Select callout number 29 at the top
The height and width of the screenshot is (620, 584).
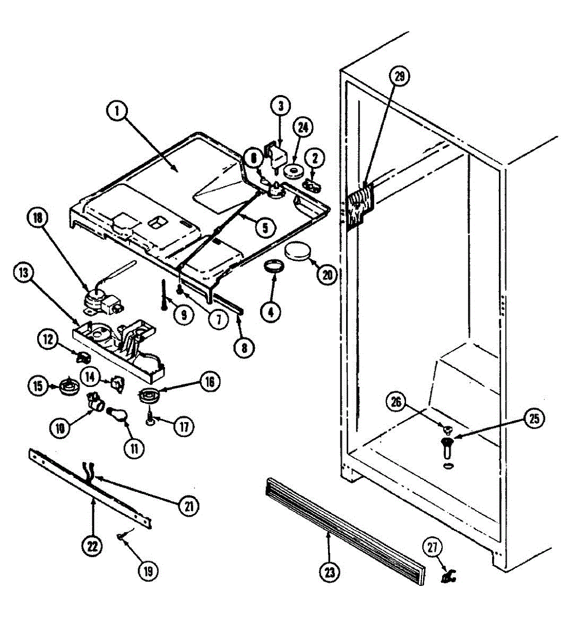click(400, 77)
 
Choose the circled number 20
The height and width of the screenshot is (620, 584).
click(327, 274)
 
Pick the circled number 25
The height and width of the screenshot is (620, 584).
click(534, 419)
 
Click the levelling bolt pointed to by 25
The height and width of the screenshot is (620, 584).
click(447, 447)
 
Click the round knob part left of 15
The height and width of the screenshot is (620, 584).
click(67, 385)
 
